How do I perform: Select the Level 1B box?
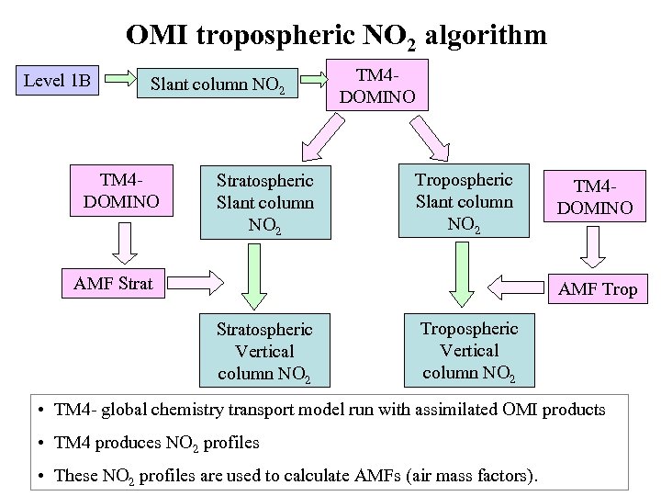pyautogui.click(x=57, y=81)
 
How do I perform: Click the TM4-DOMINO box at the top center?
pyautogui.click(x=376, y=85)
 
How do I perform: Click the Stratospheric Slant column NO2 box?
pyautogui.click(x=265, y=203)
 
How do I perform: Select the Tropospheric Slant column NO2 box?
pyautogui.click(x=465, y=200)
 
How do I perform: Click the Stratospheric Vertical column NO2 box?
pyautogui.click(x=265, y=352)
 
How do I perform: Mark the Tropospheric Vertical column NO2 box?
pyautogui.click(x=471, y=351)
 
